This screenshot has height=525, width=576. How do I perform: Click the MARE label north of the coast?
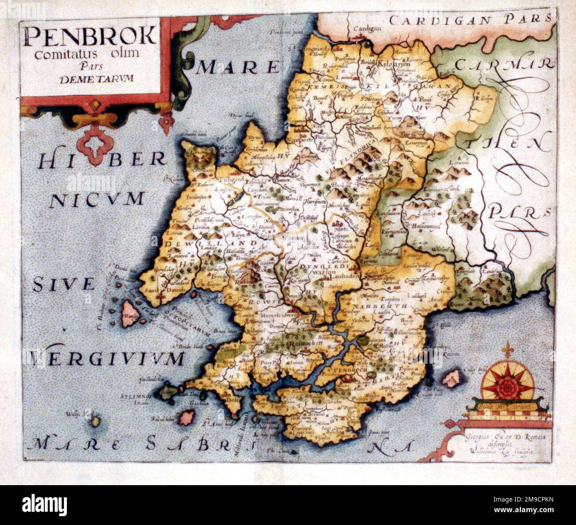239,68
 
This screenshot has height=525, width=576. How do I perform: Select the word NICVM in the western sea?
97,199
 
